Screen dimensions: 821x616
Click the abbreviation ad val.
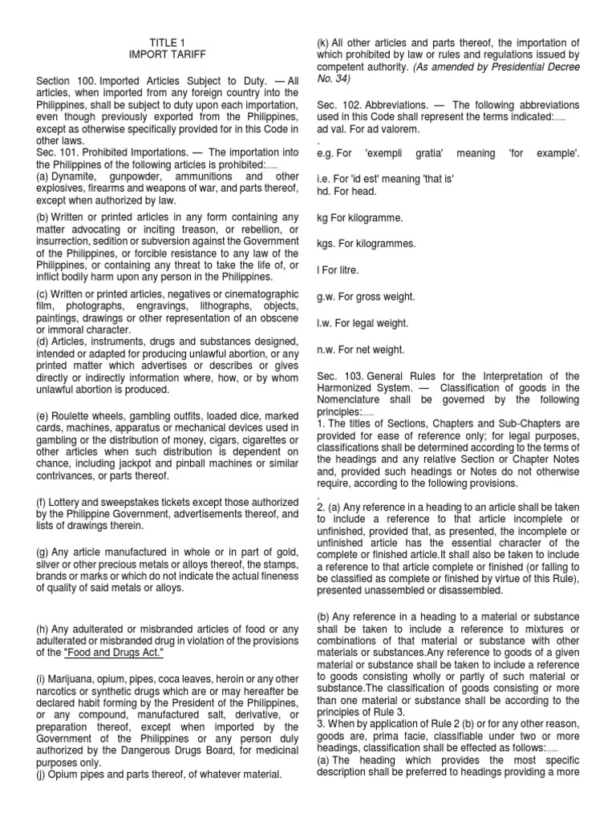[x=330, y=128]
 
